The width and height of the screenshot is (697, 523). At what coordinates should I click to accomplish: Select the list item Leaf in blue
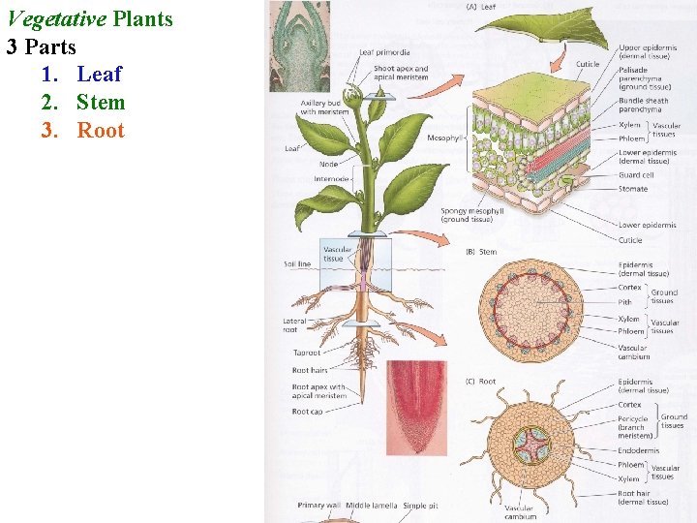pos(100,74)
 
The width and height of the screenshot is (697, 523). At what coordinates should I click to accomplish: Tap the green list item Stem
pos(101,102)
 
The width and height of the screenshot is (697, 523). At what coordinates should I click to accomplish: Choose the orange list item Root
pos(101,131)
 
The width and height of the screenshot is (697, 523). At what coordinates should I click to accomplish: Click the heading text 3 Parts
pos(42,46)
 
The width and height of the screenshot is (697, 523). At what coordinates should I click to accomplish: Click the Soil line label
pos(297,263)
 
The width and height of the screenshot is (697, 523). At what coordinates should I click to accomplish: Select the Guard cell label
pos(636,175)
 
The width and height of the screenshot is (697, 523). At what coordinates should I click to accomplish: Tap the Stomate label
pos(633,189)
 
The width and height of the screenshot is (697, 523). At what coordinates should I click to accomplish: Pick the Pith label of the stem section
pos(625,302)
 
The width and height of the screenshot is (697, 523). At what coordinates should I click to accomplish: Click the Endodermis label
pos(639,450)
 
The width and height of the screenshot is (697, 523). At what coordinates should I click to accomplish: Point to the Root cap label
pos(308,411)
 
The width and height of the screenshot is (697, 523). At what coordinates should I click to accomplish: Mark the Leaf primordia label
pos(384,52)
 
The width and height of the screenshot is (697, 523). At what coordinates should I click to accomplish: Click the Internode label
pos(333,178)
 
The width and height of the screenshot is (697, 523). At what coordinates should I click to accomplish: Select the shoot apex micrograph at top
pos(299,46)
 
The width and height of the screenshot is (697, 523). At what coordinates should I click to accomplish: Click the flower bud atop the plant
pos(354,97)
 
